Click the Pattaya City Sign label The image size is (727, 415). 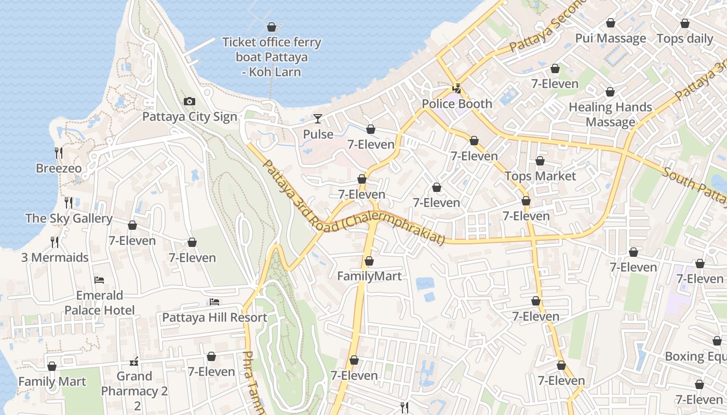pyautogui.click(x=190, y=117)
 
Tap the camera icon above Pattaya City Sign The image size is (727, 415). pyautogui.click(x=190, y=102)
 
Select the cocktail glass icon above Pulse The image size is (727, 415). pyautogui.click(x=317, y=119)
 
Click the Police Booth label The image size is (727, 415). pyautogui.click(x=457, y=104)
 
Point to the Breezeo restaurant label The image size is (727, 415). pyautogui.click(x=59, y=169)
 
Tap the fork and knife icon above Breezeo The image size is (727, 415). pyautogui.click(x=59, y=153)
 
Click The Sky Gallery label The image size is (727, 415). pyautogui.click(x=69, y=218)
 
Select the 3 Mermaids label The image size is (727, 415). pyautogui.click(x=55, y=257)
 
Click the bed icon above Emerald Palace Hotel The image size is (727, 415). pyautogui.click(x=99, y=280)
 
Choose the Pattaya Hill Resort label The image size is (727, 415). pyautogui.click(x=215, y=317)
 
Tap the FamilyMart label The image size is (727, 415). pyautogui.click(x=369, y=276)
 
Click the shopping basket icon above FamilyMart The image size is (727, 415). pyautogui.click(x=369, y=261)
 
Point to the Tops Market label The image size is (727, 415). pyautogui.click(x=540, y=176)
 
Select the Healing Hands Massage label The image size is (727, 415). pyautogui.click(x=610, y=115)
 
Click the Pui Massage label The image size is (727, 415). pyautogui.click(x=611, y=38)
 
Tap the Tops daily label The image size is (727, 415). pyautogui.click(x=685, y=38)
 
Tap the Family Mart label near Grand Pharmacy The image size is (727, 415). pyautogui.click(x=52, y=382)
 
